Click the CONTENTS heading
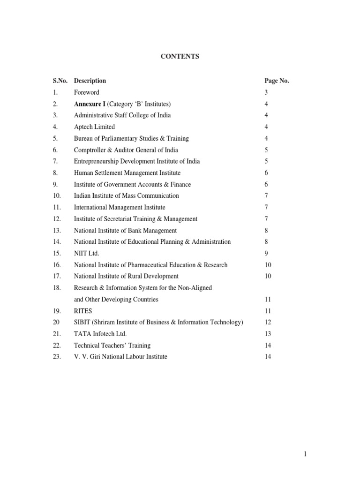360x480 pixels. click(x=180, y=56)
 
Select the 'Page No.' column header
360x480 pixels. click(x=277, y=81)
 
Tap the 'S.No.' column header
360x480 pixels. click(x=60, y=81)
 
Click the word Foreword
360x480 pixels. click(x=87, y=92)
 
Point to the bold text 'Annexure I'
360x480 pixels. click(x=90, y=104)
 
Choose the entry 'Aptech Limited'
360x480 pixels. click(x=94, y=127)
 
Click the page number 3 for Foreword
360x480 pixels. click(x=266, y=92)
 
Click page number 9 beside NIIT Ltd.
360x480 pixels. click(x=266, y=253)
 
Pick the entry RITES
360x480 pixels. click(x=83, y=311)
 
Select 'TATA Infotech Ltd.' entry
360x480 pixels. click(x=100, y=334)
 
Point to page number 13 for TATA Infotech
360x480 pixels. click(x=268, y=334)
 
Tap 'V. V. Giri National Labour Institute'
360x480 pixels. click(x=120, y=357)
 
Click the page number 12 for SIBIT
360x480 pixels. click(x=268, y=322)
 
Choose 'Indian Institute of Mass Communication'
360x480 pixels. click(x=127, y=195)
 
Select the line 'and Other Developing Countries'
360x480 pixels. click(x=116, y=299)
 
